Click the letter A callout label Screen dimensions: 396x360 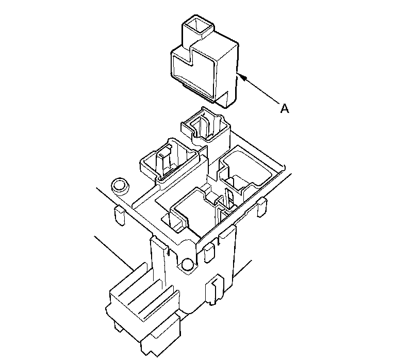285,109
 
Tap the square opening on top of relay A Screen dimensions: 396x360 199,25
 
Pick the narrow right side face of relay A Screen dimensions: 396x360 226,76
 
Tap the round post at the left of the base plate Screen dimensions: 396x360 120,186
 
